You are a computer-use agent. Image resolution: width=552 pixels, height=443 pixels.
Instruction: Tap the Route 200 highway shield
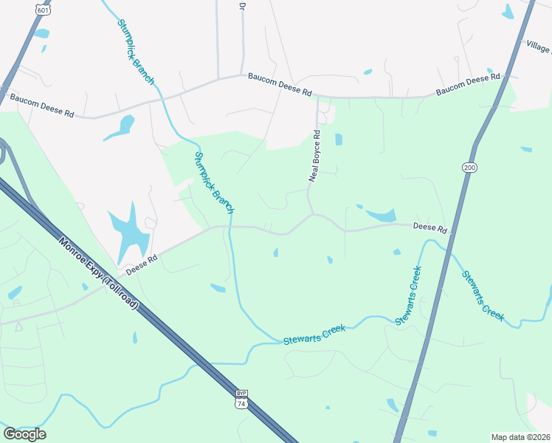coord(470,168)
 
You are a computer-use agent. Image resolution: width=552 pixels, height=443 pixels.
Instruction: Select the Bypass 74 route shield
coord(241,400)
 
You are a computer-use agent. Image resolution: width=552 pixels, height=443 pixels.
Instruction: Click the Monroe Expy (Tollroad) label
coord(99,272)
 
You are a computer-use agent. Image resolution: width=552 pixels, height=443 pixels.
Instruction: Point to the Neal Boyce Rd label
coord(315,156)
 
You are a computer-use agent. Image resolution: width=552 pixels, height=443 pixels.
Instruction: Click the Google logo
coord(24,434)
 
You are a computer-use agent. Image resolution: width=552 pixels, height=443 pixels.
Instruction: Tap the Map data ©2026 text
coord(520,436)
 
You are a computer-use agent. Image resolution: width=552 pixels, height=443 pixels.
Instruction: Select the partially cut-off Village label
coord(538,47)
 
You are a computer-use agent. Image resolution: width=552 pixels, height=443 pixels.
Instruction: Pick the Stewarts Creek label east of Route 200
coord(483,296)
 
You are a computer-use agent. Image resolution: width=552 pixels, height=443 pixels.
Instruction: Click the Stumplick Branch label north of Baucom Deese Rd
coord(135,51)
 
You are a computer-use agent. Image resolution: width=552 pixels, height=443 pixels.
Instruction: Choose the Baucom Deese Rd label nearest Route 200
coord(468,84)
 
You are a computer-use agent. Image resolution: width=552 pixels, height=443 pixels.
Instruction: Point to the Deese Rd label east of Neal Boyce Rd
coord(430,229)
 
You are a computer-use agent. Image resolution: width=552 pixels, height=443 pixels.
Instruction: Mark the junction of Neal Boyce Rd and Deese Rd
coord(314,214)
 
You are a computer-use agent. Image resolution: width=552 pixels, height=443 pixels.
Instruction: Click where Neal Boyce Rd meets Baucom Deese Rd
coord(317,97)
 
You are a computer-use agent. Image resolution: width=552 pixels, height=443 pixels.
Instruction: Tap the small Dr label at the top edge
coord(241,5)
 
